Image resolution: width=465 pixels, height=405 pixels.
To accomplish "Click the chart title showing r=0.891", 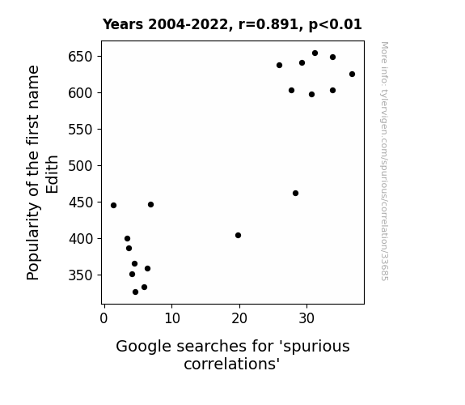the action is [232, 24].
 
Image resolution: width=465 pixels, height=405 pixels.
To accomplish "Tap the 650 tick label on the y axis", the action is [80, 57].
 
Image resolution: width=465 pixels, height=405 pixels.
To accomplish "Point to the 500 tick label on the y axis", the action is [80, 166].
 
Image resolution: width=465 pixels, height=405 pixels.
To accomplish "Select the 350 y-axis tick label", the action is [80, 275].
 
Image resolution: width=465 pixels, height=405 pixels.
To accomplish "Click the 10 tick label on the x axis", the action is [172, 318].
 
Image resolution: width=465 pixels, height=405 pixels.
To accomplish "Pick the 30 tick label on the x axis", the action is [306, 318].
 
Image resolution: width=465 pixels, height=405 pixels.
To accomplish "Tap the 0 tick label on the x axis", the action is [104, 318].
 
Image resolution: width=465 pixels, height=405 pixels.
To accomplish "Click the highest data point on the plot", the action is [315, 53].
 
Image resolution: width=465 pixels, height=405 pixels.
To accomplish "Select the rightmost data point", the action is [352, 74].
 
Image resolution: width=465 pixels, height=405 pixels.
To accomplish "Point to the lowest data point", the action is [135, 292].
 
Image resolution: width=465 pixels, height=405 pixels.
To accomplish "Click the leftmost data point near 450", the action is [113, 205].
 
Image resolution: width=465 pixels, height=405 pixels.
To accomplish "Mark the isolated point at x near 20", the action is [238, 236].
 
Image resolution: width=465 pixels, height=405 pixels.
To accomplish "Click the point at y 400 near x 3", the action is [127, 239].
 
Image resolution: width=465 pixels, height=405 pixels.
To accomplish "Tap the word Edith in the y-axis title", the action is [53, 174].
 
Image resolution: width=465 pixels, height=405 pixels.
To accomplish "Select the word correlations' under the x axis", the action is [232, 364].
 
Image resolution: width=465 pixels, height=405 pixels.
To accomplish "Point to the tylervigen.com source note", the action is [384, 161].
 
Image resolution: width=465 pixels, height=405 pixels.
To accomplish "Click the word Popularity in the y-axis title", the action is [32, 241].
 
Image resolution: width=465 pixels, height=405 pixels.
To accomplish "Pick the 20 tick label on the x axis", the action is [239, 318].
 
